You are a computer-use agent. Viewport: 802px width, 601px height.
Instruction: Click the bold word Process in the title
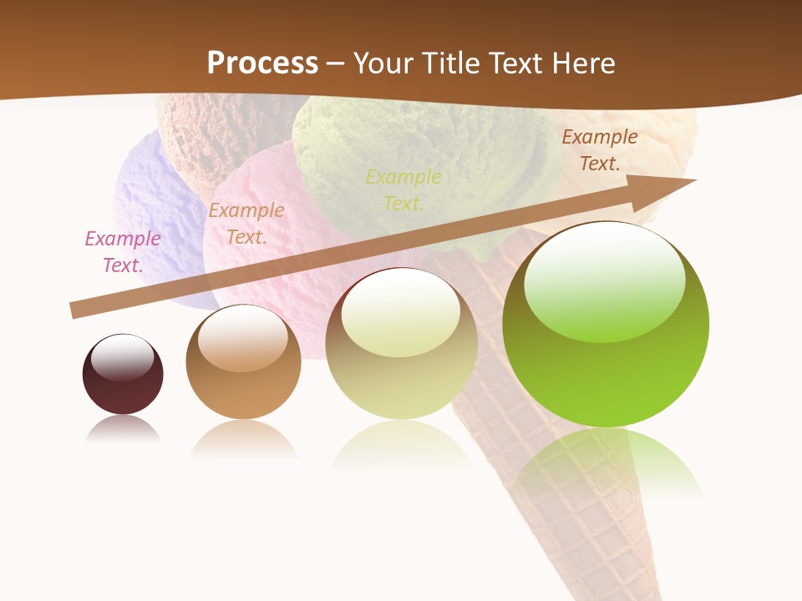[x=262, y=63]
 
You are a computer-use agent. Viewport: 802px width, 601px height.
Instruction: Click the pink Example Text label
[x=123, y=252]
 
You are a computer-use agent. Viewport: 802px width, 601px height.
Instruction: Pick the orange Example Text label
[x=246, y=224]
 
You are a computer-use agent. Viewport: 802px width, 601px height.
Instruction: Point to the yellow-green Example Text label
[x=404, y=189]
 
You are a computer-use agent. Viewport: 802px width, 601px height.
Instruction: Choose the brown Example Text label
[x=599, y=150]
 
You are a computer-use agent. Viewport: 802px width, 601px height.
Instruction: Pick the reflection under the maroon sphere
[x=123, y=430]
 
